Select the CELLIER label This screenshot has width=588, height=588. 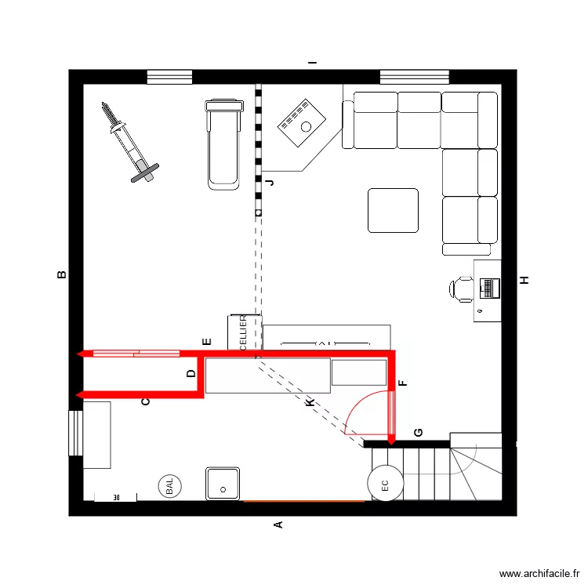pos(243,333)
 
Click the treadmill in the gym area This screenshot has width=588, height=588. pos(223,143)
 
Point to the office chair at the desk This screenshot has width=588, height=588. pos(462,289)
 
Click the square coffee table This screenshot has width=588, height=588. pos(394,210)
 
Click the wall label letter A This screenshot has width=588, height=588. pos(277,524)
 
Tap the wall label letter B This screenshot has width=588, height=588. pos(61,274)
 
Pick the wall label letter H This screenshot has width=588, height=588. pos(524,280)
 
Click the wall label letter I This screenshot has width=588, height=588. pos(312,62)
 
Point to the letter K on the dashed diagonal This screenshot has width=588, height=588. pos(310,402)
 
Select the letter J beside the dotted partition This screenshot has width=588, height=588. pos(270,183)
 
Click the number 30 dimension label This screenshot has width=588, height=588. pos(116,498)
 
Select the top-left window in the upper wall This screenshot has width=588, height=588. pos(169,77)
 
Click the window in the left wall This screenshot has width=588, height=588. pos(75,432)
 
